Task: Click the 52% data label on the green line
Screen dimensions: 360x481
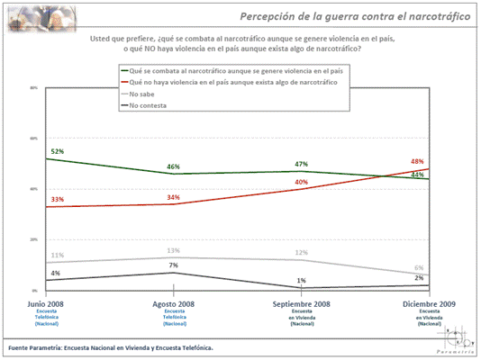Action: pyautogui.click(x=58, y=151)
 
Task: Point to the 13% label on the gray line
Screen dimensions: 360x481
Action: pyautogui.click(x=172, y=250)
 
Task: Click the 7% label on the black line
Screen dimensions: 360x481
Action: pyautogui.click(x=172, y=265)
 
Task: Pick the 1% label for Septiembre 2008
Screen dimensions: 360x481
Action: pyautogui.click(x=301, y=282)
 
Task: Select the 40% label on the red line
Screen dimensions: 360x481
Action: pyautogui.click(x=301, y=182)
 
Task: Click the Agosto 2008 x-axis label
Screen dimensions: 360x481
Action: pyautogui.click(x=173, y=305)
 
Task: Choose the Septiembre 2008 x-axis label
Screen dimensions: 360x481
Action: pyautogui.click(x=301, y=305)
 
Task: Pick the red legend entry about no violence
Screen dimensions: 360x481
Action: pyautogui.click(x=233, y=82)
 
